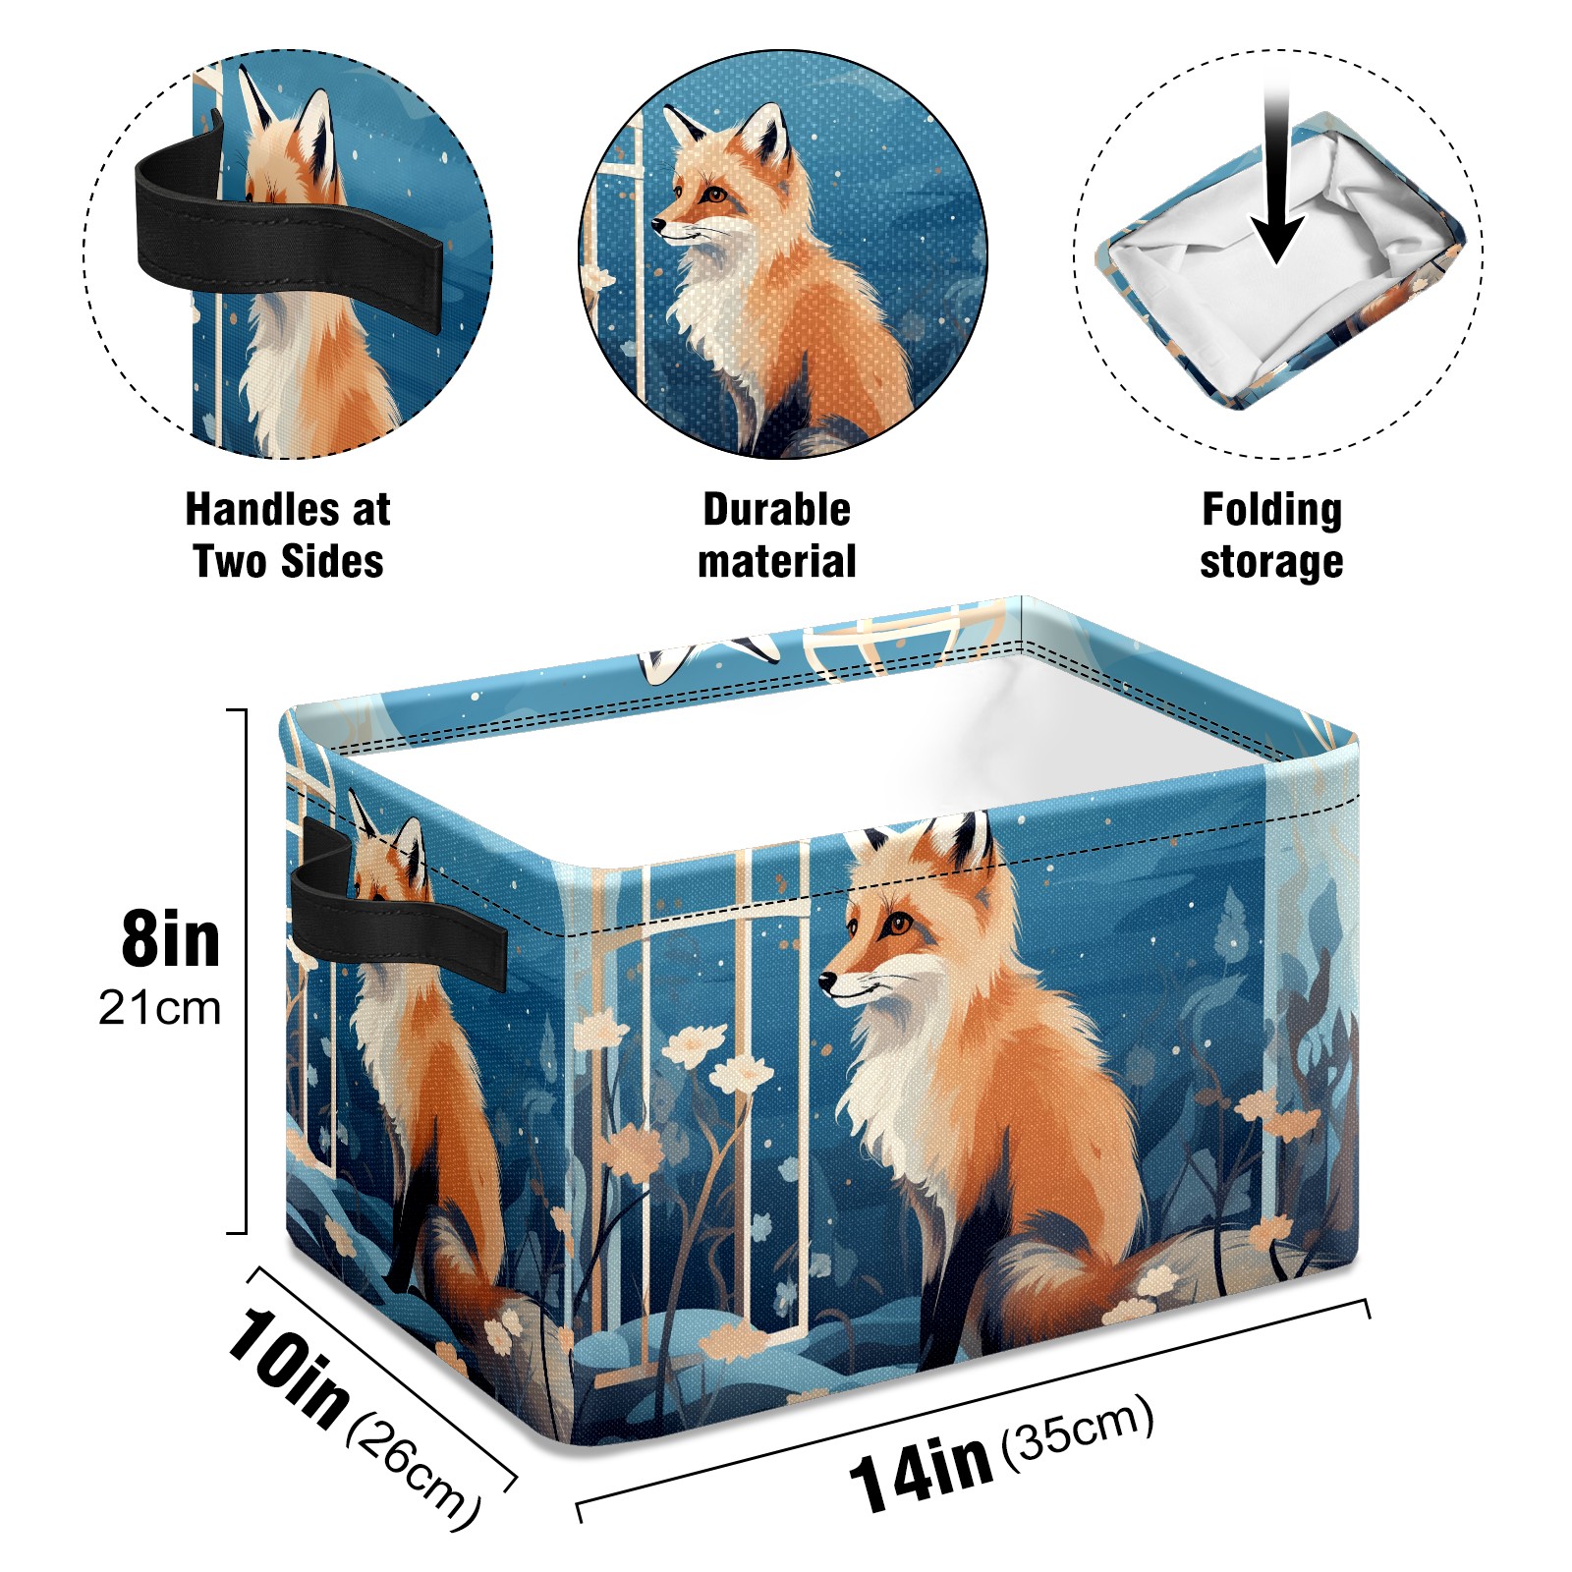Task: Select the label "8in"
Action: pos(171,939)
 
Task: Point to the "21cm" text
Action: pos(159,1008)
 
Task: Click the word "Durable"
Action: pos(776,510)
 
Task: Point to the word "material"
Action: pos(776,562)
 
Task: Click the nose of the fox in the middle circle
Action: pos(658,226)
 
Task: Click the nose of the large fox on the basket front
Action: pos(828,980)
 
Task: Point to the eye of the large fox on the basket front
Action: pos(897,924)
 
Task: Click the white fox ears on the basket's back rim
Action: pos(709,657)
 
